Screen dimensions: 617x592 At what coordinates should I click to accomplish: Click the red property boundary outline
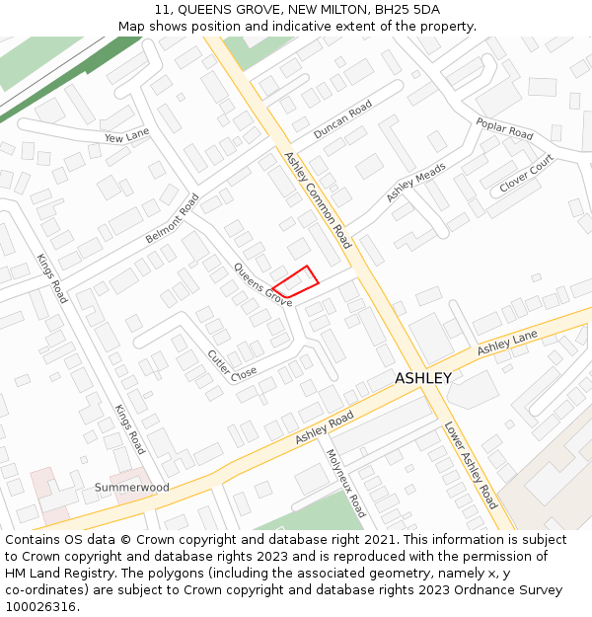click(296, 281)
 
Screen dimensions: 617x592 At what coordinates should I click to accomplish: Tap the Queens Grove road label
click(262, 284)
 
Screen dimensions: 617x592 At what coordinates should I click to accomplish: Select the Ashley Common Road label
click(317, 200)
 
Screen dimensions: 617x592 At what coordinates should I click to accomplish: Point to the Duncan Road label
click(342, 119)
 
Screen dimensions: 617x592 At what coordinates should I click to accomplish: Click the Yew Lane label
click(126, 136)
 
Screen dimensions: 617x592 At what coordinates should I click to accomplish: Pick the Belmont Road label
click(173, 218)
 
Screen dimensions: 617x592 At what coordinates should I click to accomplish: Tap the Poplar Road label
click(504, 128)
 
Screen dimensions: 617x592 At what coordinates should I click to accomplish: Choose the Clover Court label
click(527, 173)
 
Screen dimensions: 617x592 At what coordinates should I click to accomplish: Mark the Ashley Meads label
click(415, 183)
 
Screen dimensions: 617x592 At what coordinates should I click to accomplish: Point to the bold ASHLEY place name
click(423, 378)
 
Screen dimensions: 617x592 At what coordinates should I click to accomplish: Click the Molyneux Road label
click(345, 484)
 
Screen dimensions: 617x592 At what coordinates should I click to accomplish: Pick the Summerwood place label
click(131, 488)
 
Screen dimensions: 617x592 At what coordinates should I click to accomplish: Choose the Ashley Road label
click(324, 427)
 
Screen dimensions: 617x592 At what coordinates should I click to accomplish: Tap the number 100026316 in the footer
click(40, 607)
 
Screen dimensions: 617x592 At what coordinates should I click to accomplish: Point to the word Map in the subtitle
click(133, 27)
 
